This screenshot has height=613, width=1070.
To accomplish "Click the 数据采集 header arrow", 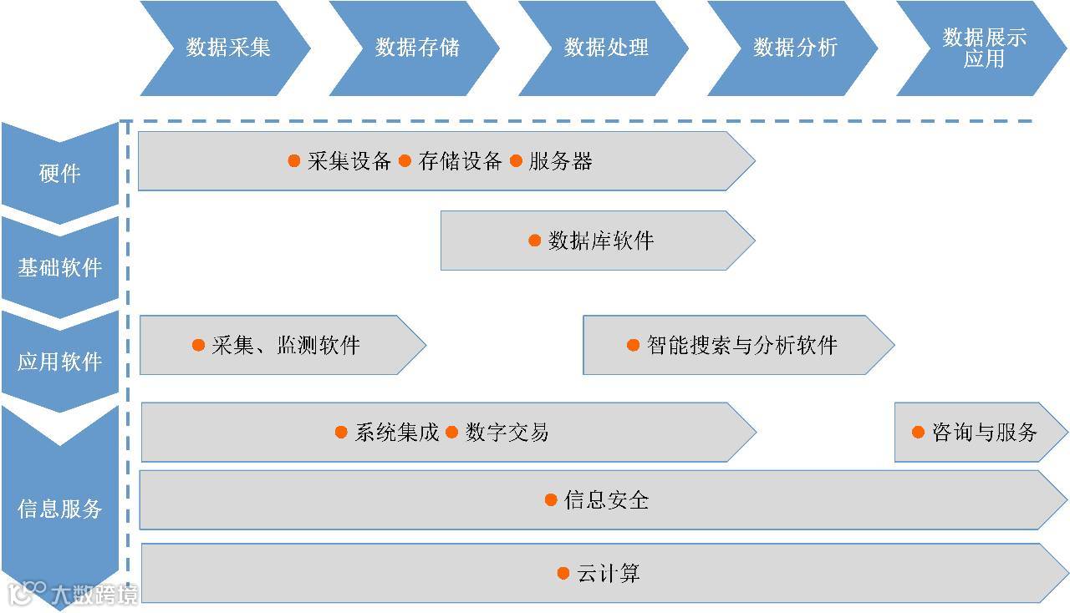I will [227, 48].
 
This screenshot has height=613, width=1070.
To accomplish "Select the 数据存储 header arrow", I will [416, 48].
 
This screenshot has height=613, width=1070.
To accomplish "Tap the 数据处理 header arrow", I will [605, 48].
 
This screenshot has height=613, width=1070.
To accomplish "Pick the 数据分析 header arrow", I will [794, 48].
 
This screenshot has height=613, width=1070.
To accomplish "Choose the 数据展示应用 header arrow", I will [983, 48].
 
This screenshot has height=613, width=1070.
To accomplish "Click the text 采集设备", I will [349, 161].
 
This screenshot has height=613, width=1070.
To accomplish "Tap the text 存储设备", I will [460, 161].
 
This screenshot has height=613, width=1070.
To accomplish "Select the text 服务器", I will [560, 161].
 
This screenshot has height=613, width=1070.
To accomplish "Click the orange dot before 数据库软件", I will [535, 241].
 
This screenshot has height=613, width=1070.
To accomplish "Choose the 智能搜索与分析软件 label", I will [741, 345].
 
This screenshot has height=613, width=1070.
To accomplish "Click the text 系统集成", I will [397, 432].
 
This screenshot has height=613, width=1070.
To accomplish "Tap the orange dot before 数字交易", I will [452, 432].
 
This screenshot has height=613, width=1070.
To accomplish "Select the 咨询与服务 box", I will [980, 432].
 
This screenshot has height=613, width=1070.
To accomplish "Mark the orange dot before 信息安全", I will [551, 499].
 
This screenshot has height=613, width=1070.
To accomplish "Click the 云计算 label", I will [608, 573].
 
